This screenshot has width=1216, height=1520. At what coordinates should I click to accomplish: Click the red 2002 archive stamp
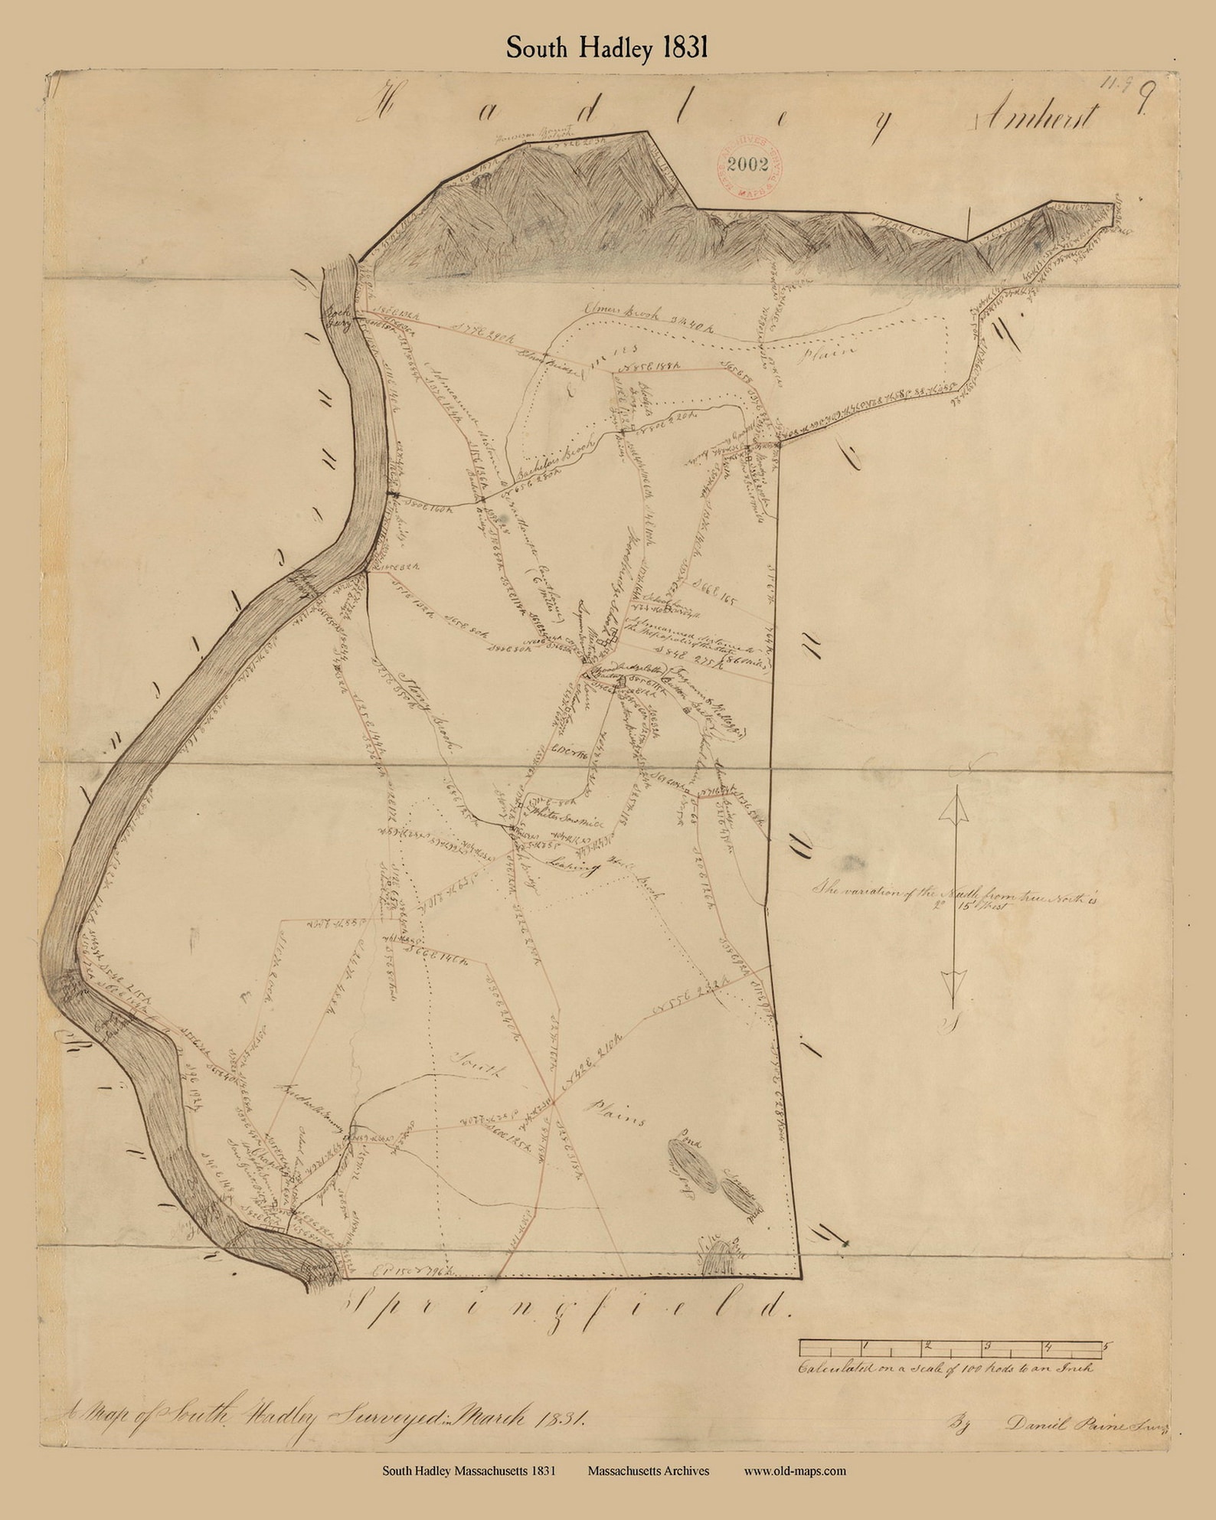pyautogui.click(x=749, y=165)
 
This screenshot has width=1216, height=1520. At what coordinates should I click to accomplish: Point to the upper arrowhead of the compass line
pyautogui.click(x=953, y=808)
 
